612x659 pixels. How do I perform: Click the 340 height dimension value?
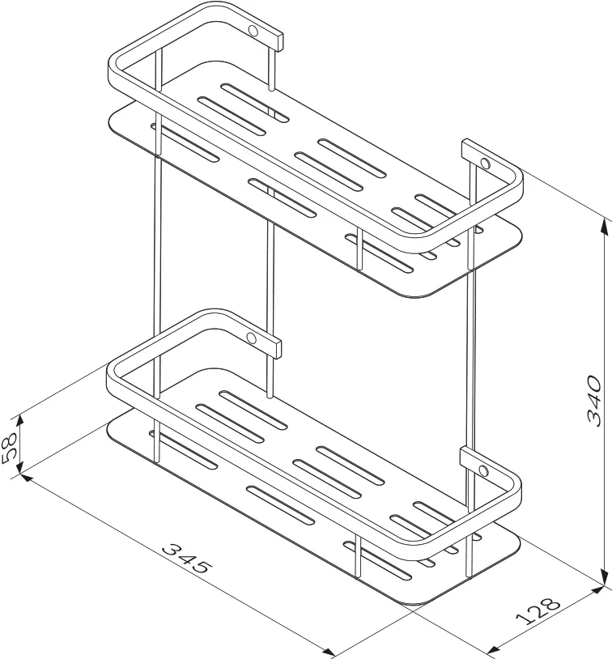click(593, 401)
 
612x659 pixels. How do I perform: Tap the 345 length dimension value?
click(187, 559)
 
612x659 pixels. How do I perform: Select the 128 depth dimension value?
click(538, 609)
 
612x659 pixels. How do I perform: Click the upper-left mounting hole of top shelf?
click(253, 30)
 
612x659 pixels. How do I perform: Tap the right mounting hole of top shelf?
click(486, 163)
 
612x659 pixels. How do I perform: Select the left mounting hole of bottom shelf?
click(251, 338)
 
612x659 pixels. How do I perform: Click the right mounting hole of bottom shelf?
click(484, 470)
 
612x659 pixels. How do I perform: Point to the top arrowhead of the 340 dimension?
click(605, 226)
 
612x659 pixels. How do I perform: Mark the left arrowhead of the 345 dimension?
click(26, 478)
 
